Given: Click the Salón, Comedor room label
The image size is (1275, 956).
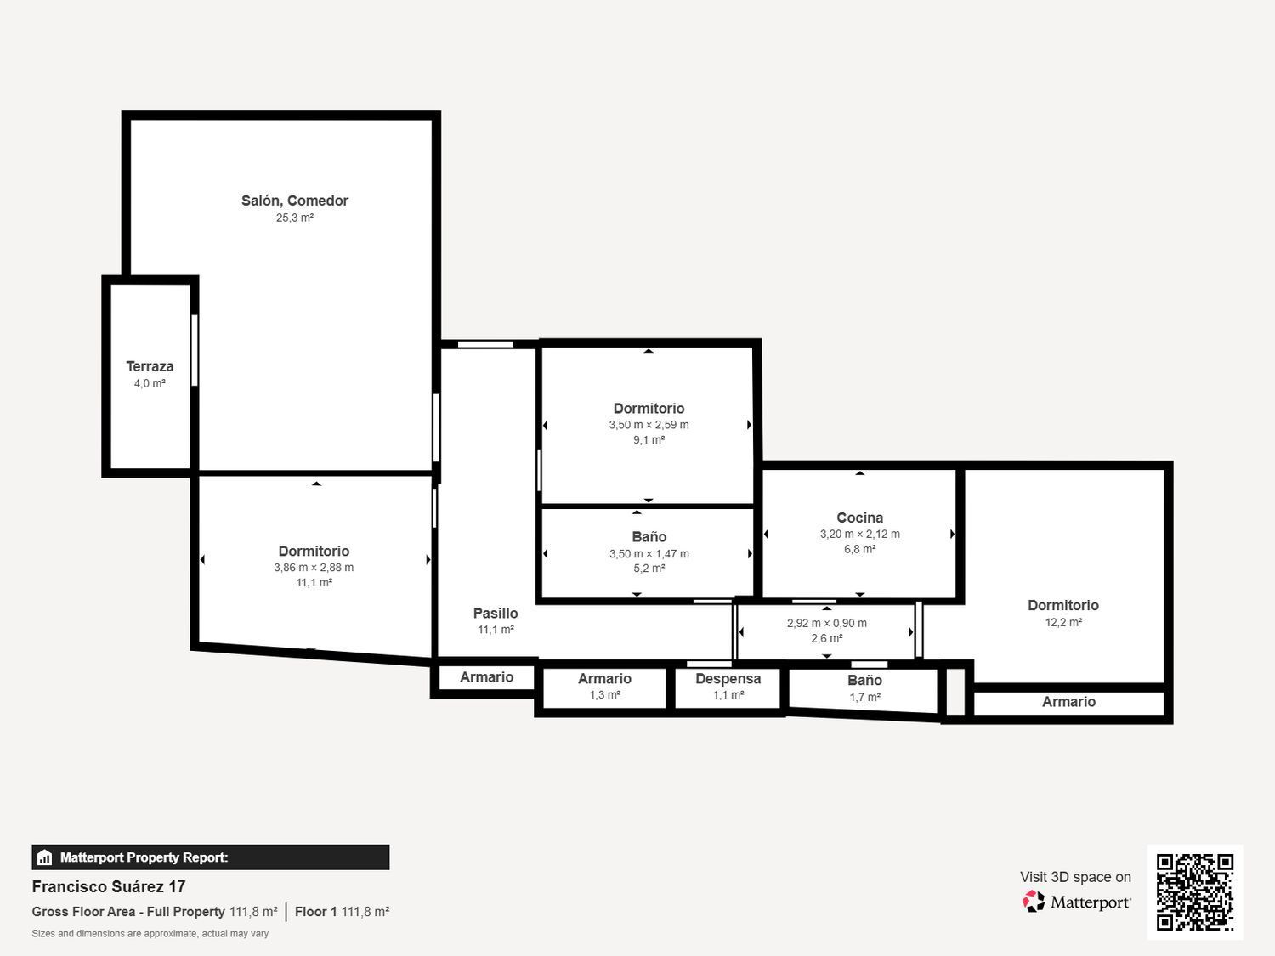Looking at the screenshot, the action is pos(294,201).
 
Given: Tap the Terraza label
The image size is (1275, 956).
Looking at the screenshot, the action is pos(150,366).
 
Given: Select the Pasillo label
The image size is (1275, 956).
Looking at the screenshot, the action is pos(496,613).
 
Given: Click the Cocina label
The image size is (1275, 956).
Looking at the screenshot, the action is pos(859,518).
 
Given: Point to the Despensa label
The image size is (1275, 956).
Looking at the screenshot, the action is pos(728,678).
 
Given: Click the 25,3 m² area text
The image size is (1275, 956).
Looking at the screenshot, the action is pos(294,218).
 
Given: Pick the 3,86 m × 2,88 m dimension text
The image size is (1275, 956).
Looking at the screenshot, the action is pos(314,567).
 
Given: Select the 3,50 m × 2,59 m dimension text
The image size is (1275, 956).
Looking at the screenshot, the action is pos(649,424).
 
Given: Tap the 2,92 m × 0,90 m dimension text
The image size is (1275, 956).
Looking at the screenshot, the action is pos(826,623).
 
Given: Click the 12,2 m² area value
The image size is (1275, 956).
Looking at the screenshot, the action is pos(1063,622).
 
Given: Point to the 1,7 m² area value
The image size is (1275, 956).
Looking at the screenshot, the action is pos(865,697).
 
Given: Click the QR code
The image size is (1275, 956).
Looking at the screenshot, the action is pos(1195,892).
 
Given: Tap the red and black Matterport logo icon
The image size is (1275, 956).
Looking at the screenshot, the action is pos(1034,902).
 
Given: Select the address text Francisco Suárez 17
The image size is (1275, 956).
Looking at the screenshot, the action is pos(109,887).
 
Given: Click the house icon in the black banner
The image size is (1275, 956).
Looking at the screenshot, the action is pos(44,857).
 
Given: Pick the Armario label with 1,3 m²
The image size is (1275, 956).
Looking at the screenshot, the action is pos(604,678).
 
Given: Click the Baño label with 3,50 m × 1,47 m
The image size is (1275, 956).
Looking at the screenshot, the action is pos(649,537).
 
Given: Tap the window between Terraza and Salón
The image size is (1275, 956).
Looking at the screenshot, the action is pos(195,351).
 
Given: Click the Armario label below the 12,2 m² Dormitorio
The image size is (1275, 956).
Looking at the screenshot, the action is pos(1068,702).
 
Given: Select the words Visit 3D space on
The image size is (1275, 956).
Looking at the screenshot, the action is pos(1076,877).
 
